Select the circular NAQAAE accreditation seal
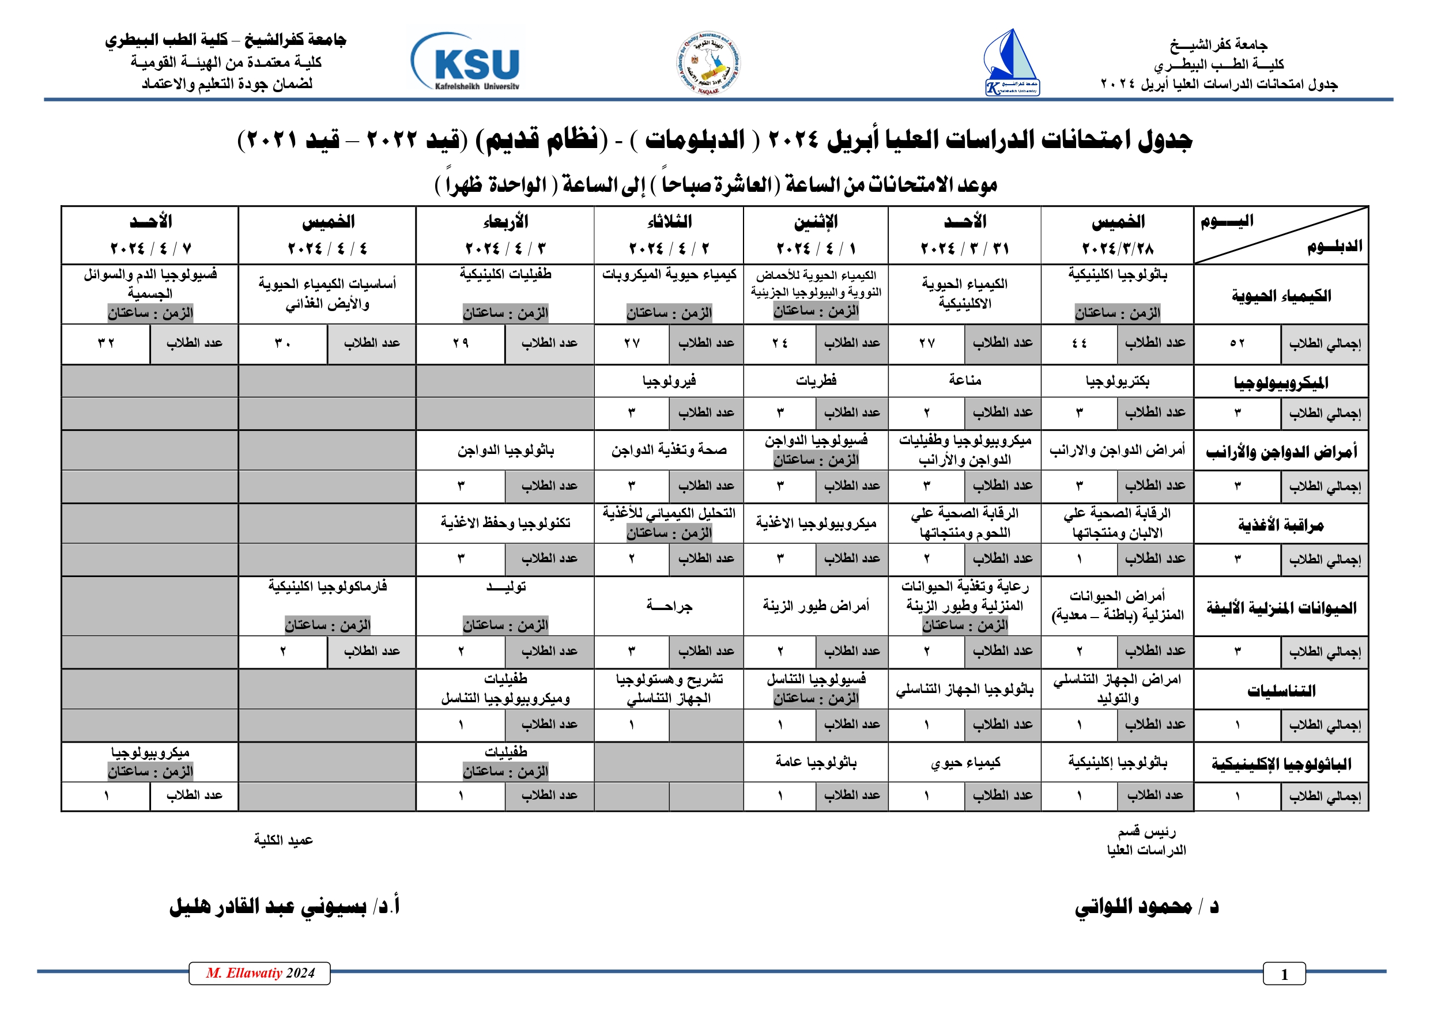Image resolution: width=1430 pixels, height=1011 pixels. (709, 63)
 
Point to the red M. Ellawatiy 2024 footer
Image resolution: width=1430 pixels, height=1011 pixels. (260, 973)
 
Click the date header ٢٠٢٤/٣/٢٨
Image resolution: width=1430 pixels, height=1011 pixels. (1118, 248)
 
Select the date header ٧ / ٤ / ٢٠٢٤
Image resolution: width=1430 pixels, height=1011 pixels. (150, 248)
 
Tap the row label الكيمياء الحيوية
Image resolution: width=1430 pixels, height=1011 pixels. (1281, 295)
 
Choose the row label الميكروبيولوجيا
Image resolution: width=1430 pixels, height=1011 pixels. (1281, 383)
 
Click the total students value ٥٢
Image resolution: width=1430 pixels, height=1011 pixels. (1237, 343)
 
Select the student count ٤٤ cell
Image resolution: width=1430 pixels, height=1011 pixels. (1079, 343)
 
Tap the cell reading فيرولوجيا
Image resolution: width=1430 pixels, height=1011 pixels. (669, 380)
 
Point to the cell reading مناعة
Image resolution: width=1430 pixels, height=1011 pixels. (964, 380)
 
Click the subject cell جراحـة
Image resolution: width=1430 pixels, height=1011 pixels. (669, 605)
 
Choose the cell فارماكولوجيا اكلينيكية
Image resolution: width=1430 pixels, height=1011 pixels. (327, 586)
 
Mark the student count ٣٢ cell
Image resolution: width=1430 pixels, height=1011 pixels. (106, 343)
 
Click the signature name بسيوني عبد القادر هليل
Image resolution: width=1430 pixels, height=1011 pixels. (285, 906)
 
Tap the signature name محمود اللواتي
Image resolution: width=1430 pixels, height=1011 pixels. (1146, 906)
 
